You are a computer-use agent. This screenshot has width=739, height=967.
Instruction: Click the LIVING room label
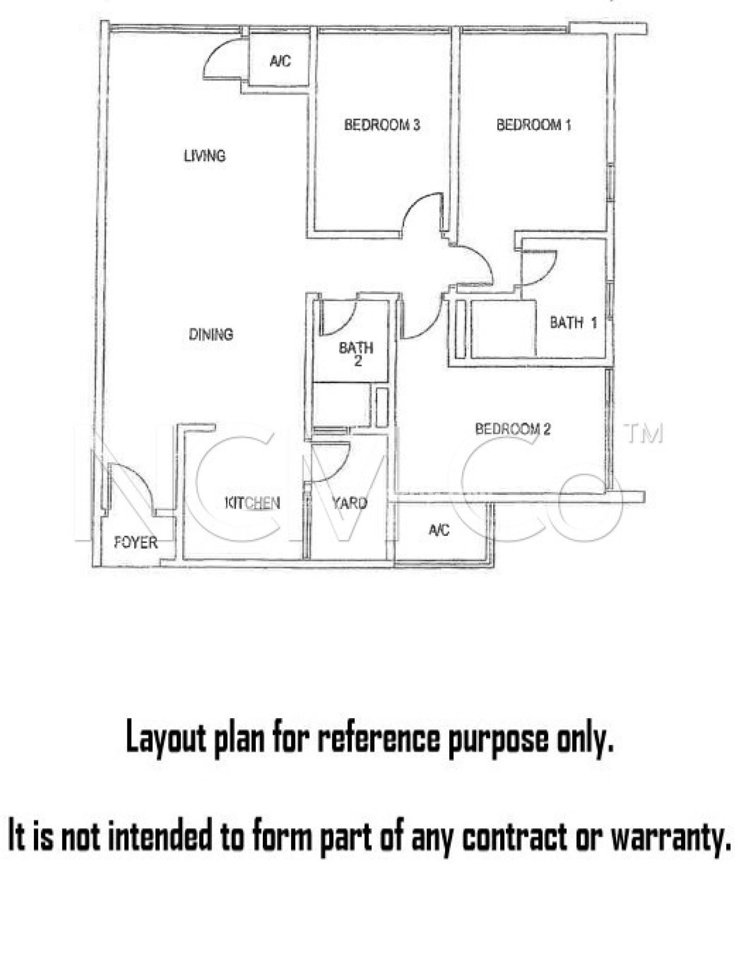pos(205,155)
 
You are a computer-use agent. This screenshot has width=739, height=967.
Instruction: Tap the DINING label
pos(211,334)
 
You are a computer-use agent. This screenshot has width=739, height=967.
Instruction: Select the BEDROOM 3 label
pos(382,125)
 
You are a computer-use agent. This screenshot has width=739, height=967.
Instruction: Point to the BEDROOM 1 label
pos(534,125)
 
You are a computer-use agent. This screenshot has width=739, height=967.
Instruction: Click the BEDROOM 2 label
pos(513,429)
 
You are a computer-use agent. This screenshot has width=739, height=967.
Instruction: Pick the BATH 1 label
pos(573,323)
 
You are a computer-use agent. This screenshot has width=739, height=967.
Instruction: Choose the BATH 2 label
pos(356,354)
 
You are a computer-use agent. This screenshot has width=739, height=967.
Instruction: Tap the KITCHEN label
pos(252,503)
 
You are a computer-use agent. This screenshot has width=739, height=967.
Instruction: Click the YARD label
pos(349,503)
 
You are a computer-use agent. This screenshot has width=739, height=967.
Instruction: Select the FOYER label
pos(136,543)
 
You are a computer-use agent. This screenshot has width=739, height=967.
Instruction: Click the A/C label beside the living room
pos(280,61)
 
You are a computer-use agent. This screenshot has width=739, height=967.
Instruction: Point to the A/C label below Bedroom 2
pos(439,530)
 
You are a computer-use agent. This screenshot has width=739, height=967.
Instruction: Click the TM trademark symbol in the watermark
pos(644,433)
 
